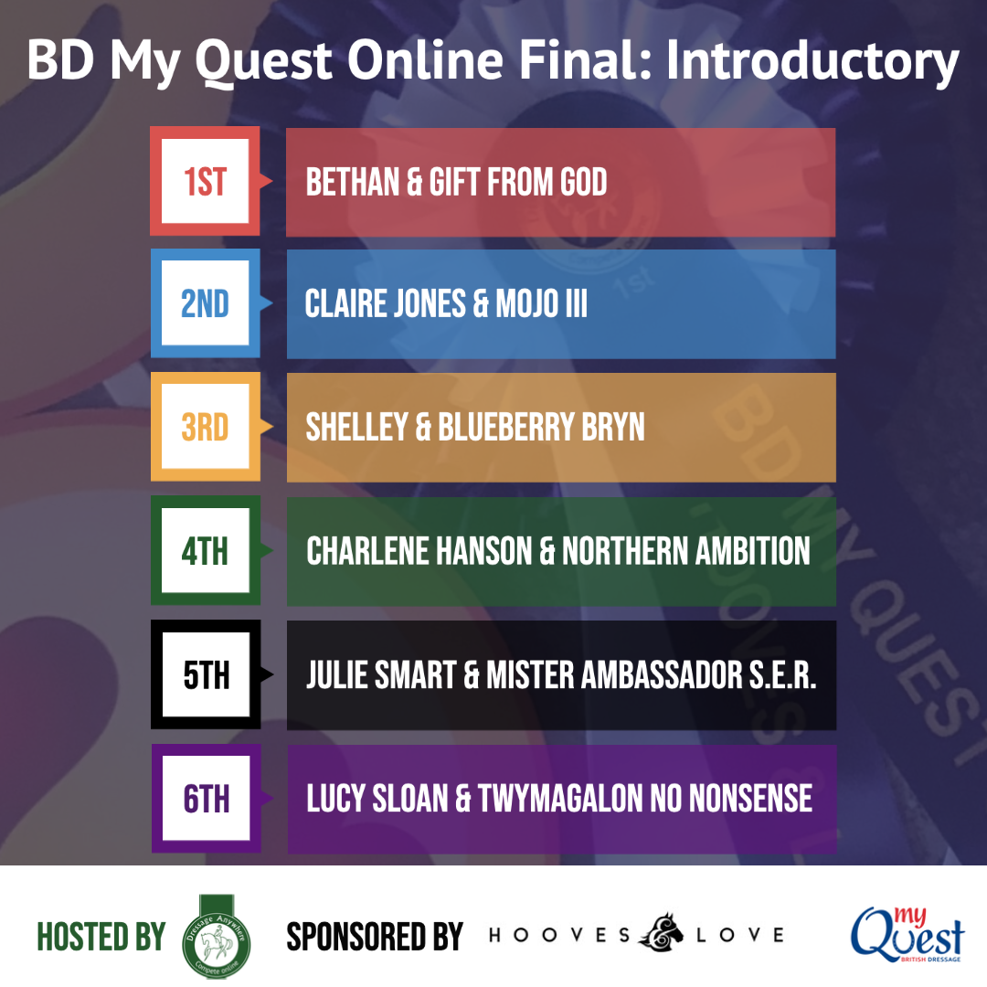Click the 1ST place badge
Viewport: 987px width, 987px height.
206,181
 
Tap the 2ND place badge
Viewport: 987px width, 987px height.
206,303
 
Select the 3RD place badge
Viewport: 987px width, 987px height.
206,427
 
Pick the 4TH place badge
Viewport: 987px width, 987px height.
206,551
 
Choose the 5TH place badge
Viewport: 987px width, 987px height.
206,674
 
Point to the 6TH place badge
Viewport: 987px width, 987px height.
206,799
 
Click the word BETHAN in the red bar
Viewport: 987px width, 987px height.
353,182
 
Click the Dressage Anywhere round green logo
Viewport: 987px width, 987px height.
217,938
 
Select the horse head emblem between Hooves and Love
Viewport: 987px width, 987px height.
661,932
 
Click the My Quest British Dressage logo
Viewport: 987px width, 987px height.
907,935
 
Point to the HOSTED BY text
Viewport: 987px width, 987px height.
101,937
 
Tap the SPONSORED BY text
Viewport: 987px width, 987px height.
375,937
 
